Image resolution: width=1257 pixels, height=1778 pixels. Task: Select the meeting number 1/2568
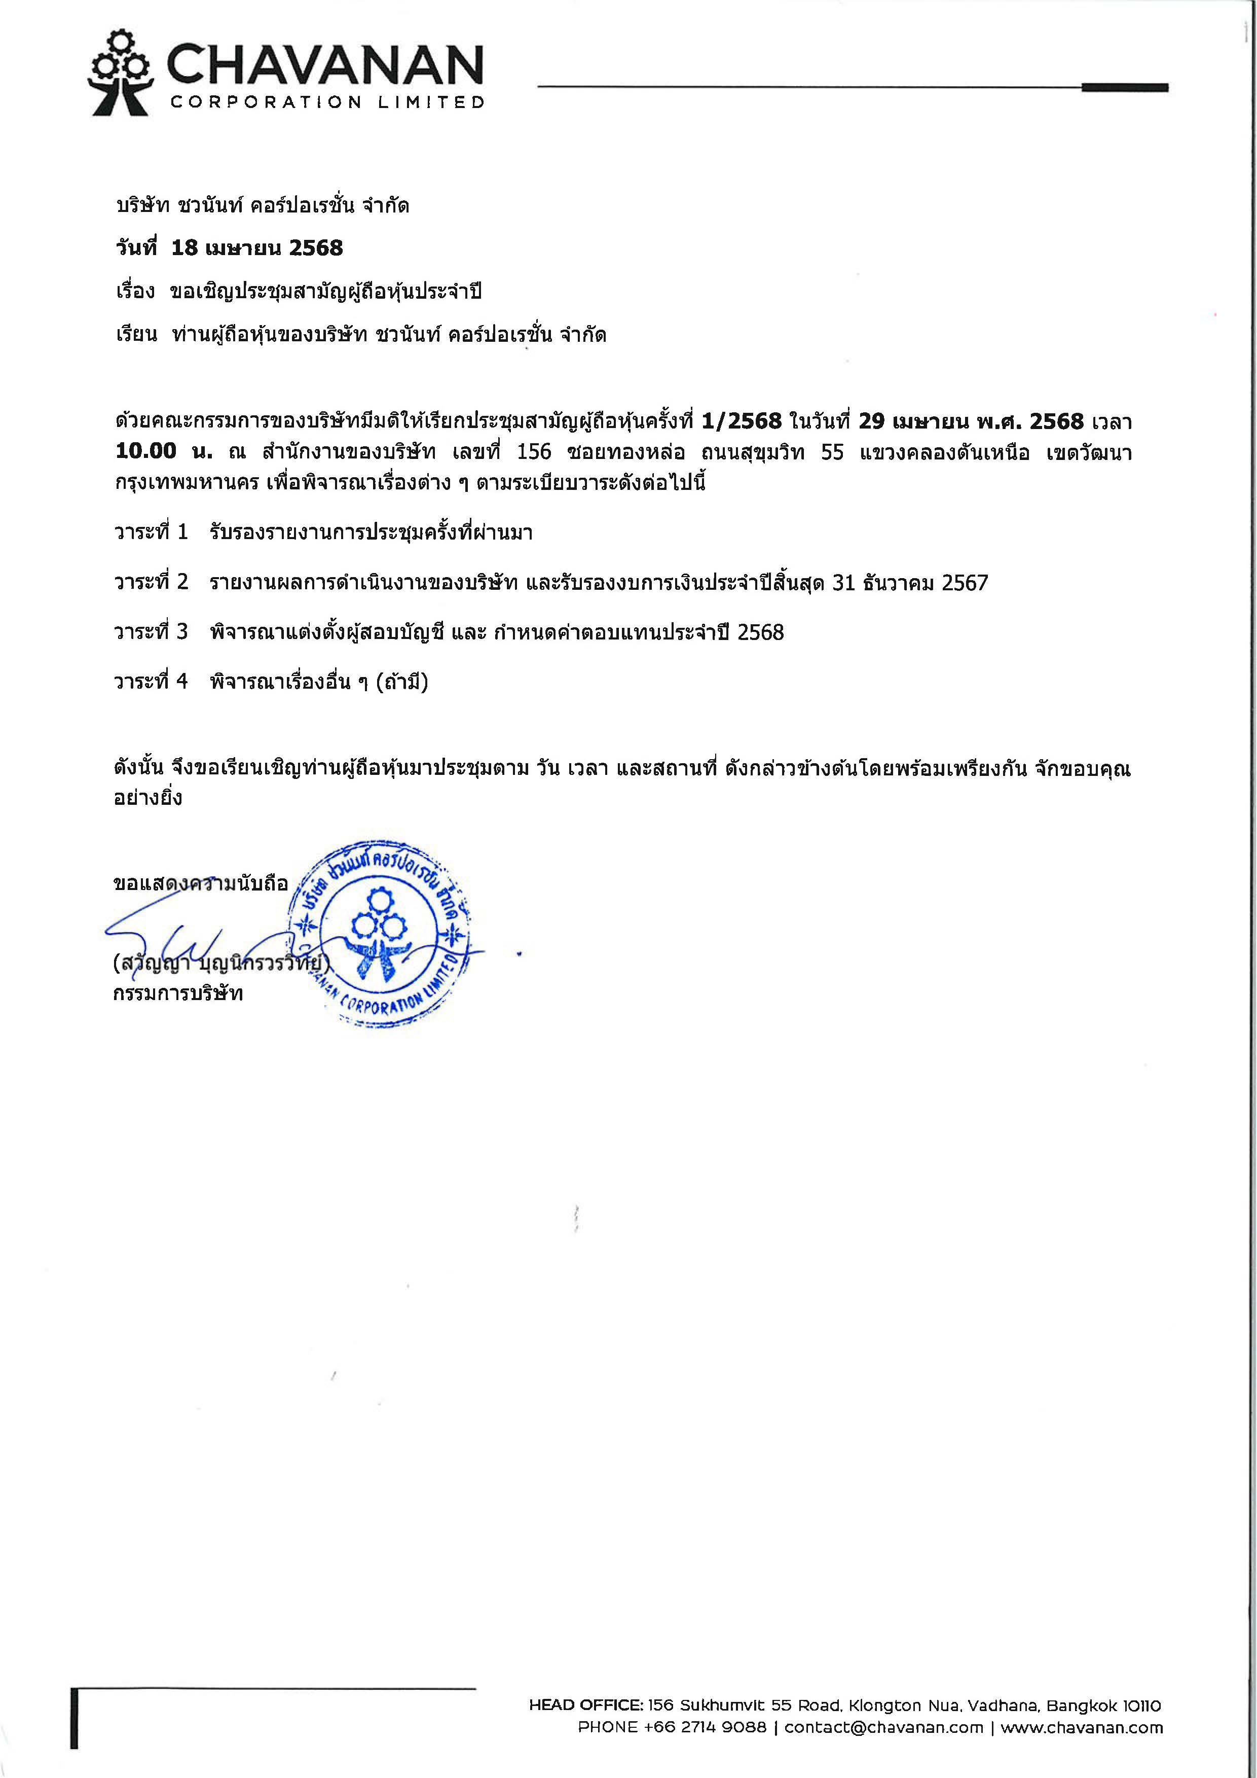point(742,422)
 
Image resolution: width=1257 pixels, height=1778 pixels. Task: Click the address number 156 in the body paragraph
point(534,452)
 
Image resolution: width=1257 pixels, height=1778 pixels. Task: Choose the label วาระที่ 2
point(151,582)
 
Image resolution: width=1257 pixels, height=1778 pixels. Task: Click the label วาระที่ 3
point(151,632)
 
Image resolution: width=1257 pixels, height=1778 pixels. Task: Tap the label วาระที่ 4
point(151,682)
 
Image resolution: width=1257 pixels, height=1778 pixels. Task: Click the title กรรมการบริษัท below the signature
point(178,993)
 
